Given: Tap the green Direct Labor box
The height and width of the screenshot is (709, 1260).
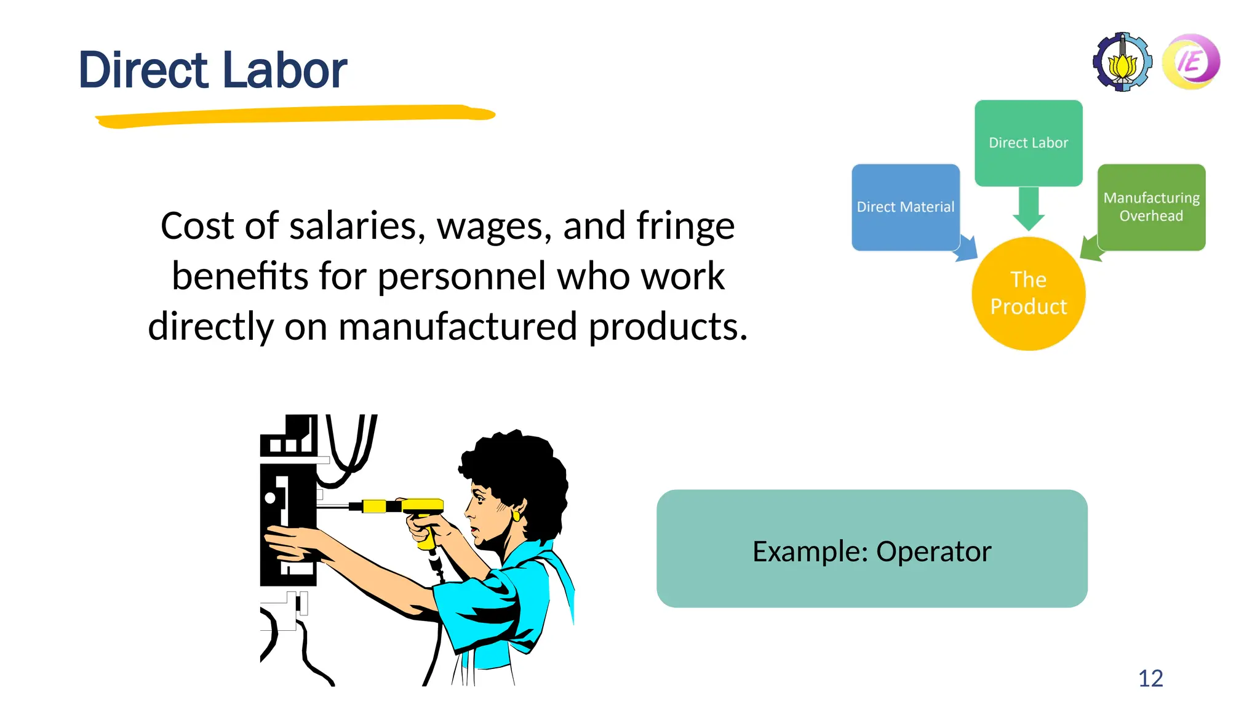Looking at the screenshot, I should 1028,143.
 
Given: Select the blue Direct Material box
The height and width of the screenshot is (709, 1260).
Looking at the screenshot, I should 905,207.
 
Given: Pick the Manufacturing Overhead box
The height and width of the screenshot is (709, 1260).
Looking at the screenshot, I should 1151,207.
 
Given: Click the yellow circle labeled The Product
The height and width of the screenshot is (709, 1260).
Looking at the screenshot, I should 1028,294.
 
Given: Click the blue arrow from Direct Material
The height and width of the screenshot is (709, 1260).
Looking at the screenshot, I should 967,249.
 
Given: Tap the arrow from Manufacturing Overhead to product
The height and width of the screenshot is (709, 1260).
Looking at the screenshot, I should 1090,249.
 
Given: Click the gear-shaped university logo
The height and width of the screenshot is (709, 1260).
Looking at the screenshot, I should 1122,62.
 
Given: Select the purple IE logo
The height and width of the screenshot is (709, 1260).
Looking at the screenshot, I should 1191,62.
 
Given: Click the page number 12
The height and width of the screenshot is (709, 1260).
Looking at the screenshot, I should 1150,678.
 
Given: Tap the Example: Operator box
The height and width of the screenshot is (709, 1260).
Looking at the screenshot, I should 872,548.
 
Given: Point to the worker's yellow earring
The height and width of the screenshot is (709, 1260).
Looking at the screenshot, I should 516,514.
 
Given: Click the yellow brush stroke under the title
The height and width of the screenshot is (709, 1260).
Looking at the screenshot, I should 295,115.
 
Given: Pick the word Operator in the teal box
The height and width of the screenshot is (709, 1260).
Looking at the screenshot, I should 933,551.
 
